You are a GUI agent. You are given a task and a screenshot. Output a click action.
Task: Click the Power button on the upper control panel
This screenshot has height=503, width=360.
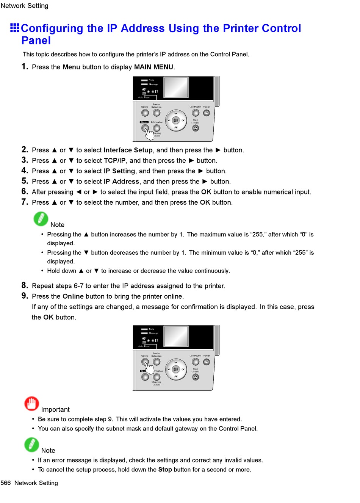pos(206,113)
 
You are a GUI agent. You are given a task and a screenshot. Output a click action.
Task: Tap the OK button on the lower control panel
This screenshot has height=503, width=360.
pos(176,369)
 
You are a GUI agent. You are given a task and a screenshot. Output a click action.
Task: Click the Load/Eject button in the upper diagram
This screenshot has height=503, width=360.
pos(196,113)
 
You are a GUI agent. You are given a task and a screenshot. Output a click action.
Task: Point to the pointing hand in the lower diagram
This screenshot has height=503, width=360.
pos(149,368)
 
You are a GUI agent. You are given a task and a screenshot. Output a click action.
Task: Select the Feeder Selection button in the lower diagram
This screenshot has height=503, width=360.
pos(157,362)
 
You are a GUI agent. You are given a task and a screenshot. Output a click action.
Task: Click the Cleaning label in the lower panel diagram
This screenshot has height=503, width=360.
pos(157,382)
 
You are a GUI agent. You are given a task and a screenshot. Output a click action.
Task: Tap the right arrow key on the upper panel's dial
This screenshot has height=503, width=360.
pos(183,121)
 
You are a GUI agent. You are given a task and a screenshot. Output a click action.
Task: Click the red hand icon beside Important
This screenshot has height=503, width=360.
pos(31,404)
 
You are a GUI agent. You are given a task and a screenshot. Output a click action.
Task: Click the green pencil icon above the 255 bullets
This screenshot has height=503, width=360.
pos(41,219)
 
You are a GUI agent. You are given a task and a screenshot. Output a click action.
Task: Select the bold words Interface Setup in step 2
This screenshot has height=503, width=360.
pos(128,150)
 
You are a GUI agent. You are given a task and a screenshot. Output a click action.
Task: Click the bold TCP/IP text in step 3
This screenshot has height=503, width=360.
pos(114,161)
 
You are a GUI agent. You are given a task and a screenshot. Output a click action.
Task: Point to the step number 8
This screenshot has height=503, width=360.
pos(25,285)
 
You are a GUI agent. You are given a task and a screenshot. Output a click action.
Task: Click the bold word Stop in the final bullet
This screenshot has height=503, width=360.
pos(165,470)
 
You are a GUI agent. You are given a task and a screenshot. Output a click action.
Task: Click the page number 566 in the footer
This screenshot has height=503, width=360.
pos(6,483)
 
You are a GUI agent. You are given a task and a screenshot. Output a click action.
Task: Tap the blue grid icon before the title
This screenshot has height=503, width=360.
pos(15,28)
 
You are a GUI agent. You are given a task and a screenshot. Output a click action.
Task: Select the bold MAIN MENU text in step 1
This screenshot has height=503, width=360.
pos(153,67)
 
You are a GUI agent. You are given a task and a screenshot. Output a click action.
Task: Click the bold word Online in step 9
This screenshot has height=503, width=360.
pos(73,296)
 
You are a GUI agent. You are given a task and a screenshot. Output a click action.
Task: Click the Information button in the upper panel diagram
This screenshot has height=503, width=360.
pos(157,128)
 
